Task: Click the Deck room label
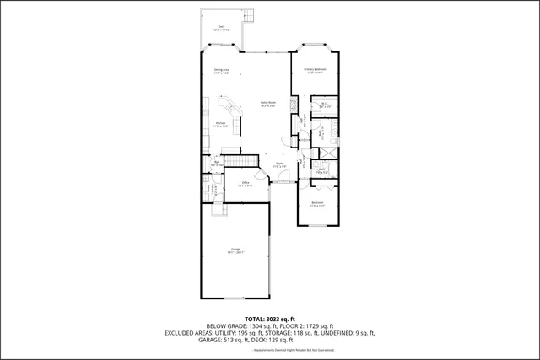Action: [x=221, y=28]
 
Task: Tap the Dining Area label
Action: [x=222, y=71]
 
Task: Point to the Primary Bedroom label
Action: [x=316, y=71]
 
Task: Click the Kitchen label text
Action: [x=219, y=125]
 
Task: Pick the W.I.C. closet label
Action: [x=324, y=106]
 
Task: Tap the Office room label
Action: [x=246, y=183]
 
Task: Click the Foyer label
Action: [x=279, y=165]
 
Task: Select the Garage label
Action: [x=235, y=251]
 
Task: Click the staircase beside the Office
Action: [x=238, y=161]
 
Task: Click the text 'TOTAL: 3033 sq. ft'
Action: [x=269, y=319]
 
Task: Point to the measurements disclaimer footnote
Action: [x=269, y=350]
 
